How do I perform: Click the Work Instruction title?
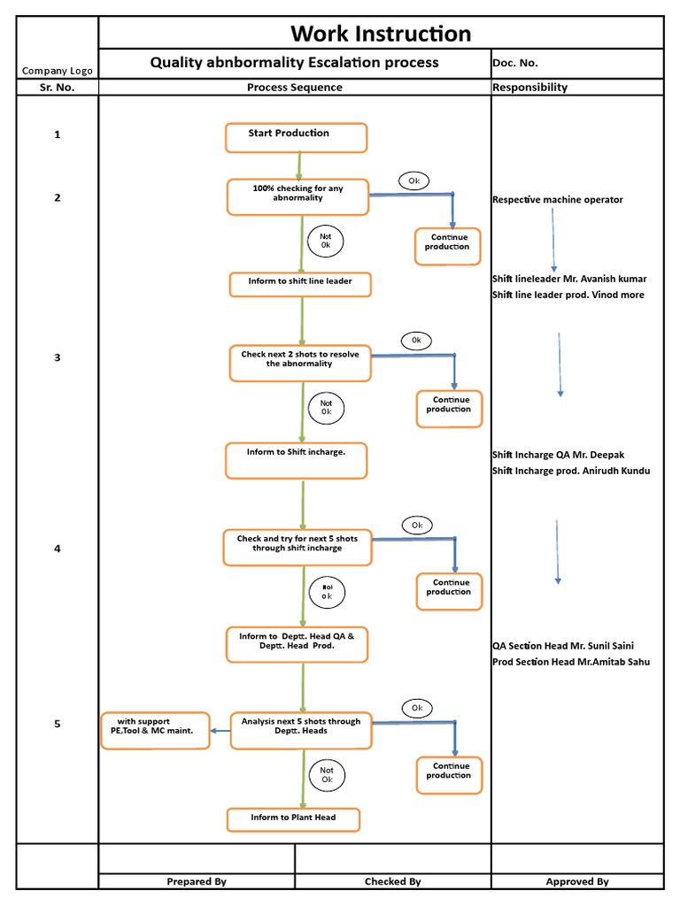pos(381,34)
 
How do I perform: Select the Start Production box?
pos(296,138)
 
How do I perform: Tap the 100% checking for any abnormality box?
pos(297,196)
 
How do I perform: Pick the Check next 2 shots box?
pos(299,363)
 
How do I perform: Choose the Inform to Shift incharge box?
pos(296,460)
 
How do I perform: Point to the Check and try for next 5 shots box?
pos(296,547)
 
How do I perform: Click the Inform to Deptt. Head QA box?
pos(297,645)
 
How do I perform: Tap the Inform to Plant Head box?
pos(293,819)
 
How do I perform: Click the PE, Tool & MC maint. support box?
pos(155,730)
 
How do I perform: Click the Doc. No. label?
pos(515,63)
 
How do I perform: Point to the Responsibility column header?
pos(529,88)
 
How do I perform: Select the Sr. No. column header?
pos(57,88)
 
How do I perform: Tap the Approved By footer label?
pos(576,881)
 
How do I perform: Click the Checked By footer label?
pos(392,881)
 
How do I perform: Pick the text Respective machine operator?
pos(557,200)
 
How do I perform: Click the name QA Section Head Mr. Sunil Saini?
pos(563,646)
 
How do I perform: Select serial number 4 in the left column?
pos(58,549)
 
